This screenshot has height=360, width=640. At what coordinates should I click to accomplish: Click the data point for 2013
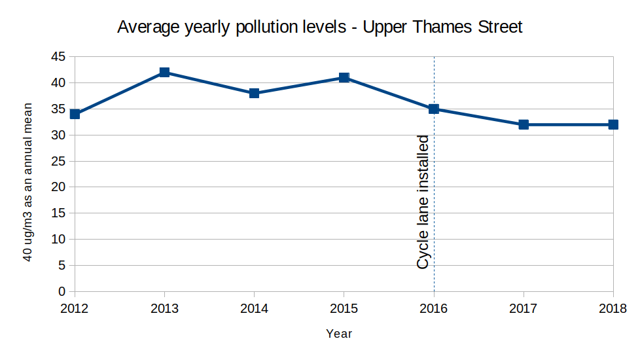(164, 72)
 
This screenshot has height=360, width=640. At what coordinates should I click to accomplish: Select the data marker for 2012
(75, 114)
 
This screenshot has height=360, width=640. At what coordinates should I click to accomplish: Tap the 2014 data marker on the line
(254, 93)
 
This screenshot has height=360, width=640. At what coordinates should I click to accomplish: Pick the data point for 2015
(344, 77)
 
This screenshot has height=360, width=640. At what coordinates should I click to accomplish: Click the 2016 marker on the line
(434, 109)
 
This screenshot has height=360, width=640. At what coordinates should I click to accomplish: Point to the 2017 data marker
(524, 124)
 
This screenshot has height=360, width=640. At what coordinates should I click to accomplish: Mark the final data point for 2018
(613, 124)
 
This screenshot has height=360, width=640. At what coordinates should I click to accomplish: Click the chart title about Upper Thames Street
(319, 27)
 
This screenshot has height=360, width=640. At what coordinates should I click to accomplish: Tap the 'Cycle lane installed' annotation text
(423, 202)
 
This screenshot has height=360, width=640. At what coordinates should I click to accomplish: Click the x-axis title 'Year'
(339, 334)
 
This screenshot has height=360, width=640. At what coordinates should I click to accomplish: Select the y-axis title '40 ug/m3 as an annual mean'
(29, 182)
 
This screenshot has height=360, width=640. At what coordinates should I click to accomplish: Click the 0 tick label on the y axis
(62, 291)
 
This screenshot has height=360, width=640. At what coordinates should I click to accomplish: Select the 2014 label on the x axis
(254, 308)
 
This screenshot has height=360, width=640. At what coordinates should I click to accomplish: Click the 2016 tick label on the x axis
(434, 308)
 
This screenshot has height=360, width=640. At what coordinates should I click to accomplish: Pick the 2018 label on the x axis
(613, 308)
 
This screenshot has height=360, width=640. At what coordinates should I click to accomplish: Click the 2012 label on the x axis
(75, 308)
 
